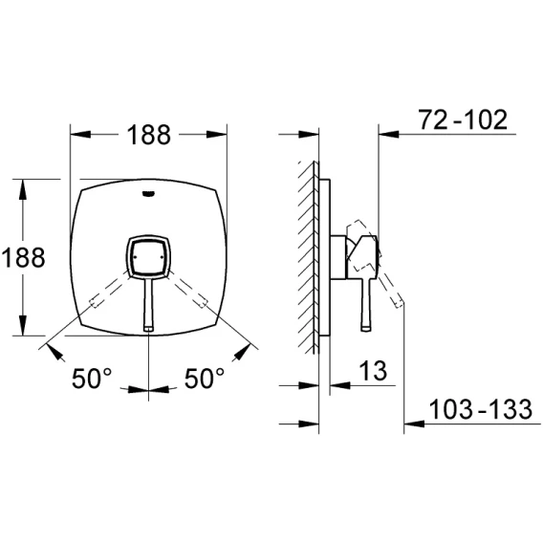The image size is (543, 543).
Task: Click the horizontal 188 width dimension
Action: pos(148,135)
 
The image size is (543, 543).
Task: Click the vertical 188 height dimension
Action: pos(23,257)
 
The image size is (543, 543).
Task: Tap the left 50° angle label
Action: pos(92,379)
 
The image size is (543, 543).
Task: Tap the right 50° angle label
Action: pos(205,379)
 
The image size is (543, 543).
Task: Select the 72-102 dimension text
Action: pos(463,119)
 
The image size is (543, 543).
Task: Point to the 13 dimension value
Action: pos(373,371)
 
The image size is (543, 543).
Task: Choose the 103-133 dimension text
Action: pos(481,409)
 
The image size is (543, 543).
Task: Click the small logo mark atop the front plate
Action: pos(149,193)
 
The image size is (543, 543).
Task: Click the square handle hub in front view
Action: pos(148,257)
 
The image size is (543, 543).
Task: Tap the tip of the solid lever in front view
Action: pos(148,328)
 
